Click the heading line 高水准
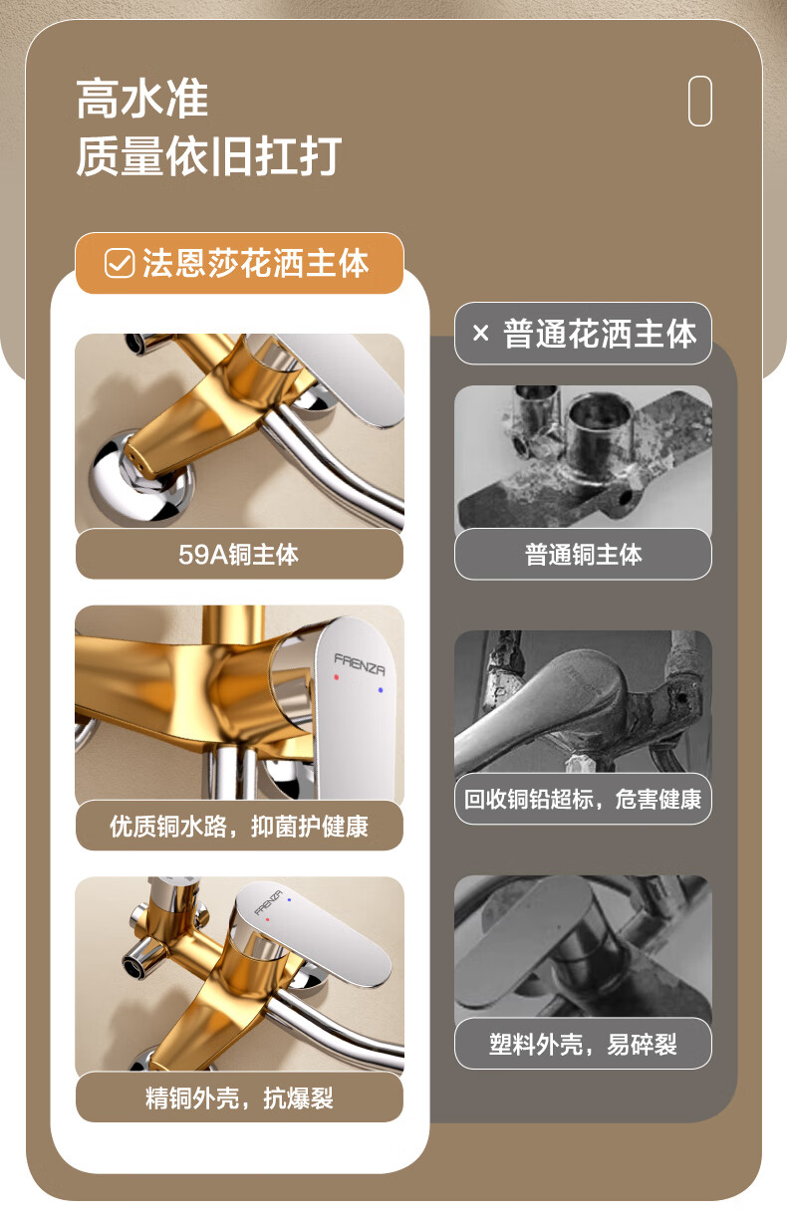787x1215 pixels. [142, 99]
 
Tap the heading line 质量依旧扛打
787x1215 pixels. [209, 156]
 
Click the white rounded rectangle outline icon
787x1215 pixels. [700, 102]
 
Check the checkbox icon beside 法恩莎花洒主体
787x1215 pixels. [120, 264]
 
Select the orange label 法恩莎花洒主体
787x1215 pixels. [239, 264]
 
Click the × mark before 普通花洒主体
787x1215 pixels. [480, 333]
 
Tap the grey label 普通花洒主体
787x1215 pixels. [583, 333]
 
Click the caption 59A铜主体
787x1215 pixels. [239, 555]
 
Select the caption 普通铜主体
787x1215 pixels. [584, 555]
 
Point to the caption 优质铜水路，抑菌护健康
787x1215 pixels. [239, 827]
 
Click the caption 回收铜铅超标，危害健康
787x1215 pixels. [583, 800]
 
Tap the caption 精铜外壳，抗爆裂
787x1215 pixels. [239, 1098]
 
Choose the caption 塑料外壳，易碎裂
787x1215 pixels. [583, 1044]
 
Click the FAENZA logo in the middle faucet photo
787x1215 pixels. [360, 664]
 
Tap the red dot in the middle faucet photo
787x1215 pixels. [337, 677]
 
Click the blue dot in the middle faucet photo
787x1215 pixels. [381, 690]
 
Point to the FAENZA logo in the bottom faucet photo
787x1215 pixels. [269, 902]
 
